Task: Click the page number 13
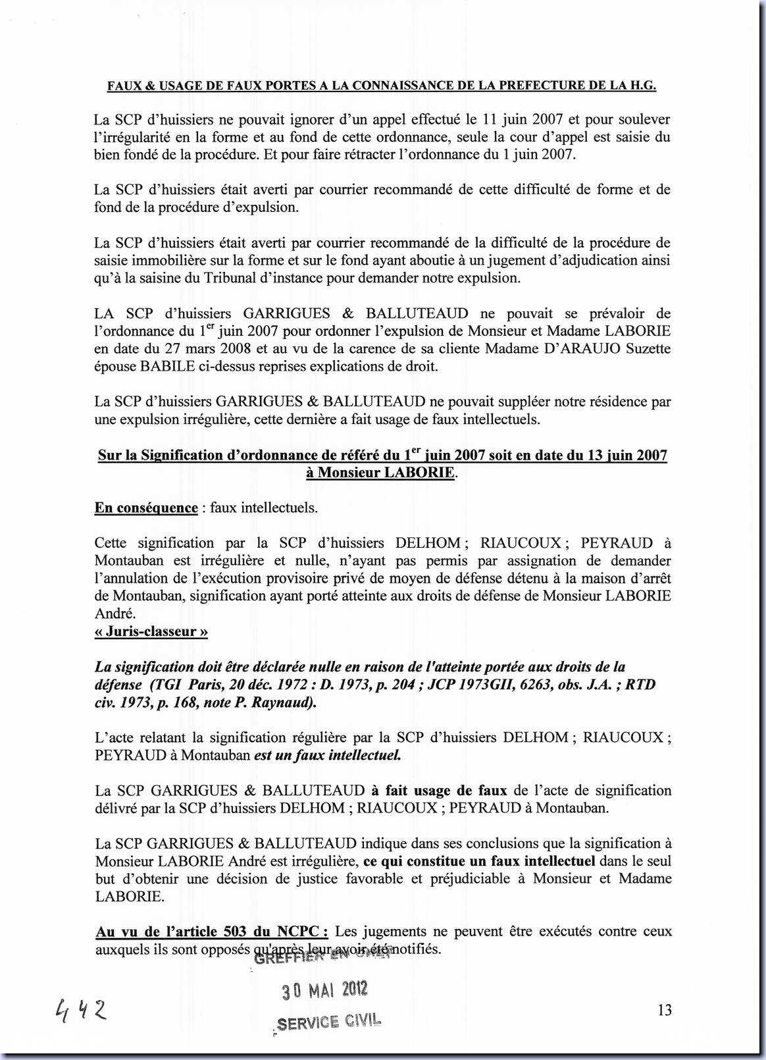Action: coord(664,1009)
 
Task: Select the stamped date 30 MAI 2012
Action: coord(324,990)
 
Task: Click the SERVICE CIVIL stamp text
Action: coord(329,1022)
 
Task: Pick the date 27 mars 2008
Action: coord(191,349)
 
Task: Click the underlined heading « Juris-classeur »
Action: coord(151,631)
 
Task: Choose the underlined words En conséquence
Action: coord(146,508)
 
